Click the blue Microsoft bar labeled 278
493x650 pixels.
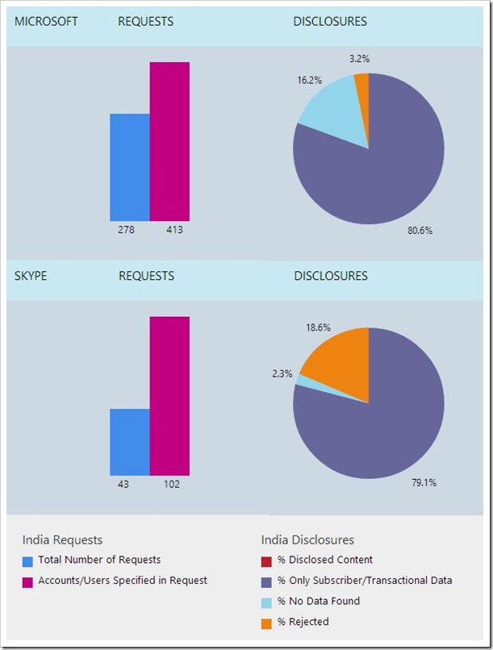(130, 167)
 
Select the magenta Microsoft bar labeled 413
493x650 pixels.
(169, 141)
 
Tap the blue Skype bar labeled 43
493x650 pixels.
(130, 442)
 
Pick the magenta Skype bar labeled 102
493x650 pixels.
(169, 396)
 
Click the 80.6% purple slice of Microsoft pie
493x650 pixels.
(379, 169)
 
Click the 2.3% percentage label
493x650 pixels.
(282, 374)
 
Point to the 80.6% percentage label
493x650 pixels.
(420, 230)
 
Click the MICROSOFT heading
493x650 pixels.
(46, 22)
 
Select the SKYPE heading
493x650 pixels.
(31, 276)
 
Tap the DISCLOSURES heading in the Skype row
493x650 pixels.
(330, 276)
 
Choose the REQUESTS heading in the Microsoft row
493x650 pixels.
(145, 22)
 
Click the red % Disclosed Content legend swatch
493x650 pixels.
(267, 560)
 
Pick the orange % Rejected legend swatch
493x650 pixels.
(267, 622)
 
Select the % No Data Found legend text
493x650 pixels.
(319, 601)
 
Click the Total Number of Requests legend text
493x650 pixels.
(99, 560)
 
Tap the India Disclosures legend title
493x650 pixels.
(307, 540)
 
